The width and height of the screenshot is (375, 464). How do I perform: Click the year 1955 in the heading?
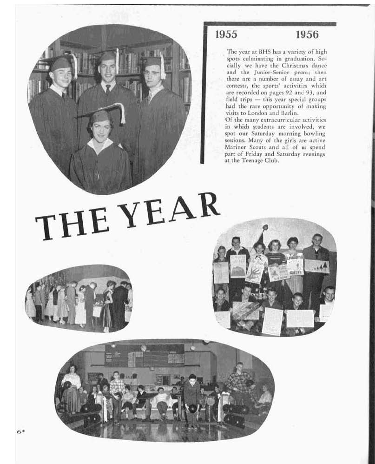tap(226, 34)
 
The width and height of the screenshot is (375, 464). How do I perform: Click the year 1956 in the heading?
tap(307, 34)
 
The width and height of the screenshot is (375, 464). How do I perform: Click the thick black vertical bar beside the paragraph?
tap(203, 93)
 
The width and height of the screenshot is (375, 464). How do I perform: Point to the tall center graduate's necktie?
tap(107, 88)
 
